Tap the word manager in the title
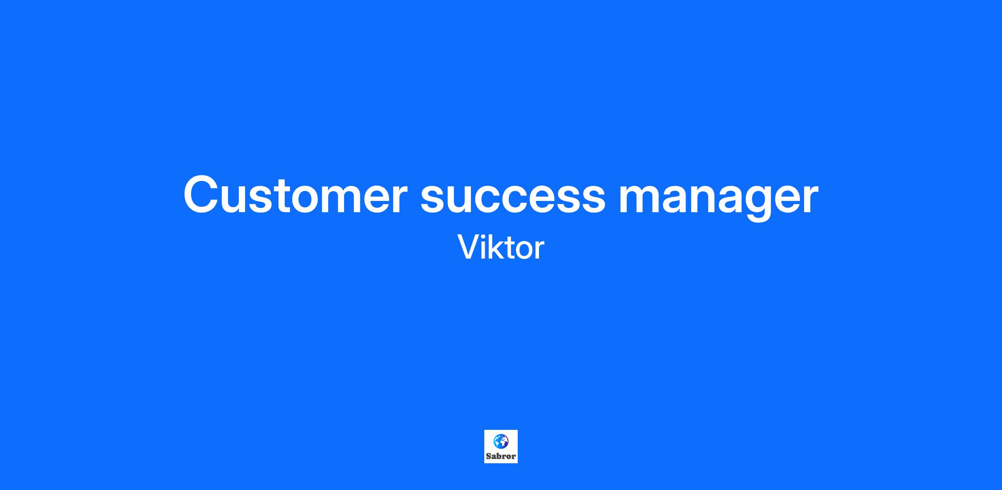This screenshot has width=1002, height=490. point(718,200)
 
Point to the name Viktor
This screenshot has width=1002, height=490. point(501,248)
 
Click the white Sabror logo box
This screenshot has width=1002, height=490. point(501,447)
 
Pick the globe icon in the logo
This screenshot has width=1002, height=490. point(501,441)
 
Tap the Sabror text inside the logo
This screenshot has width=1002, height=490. point(501,456)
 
